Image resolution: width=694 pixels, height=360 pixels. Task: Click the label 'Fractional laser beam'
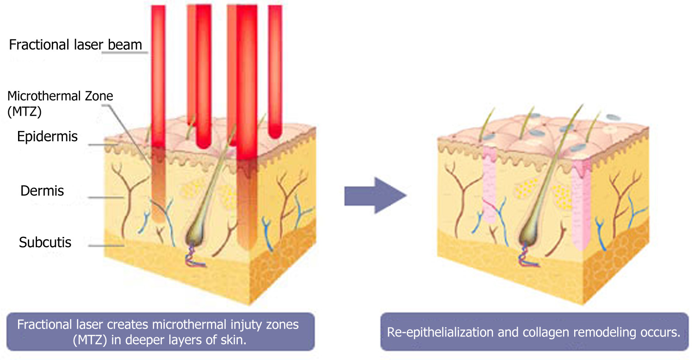(x=75, y=45)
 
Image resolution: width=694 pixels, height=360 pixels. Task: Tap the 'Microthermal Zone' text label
(x=60, y=96)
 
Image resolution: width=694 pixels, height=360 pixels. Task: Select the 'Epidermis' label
(x=47, y=137)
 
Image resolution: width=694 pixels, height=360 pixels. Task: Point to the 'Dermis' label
(x=42, y=191)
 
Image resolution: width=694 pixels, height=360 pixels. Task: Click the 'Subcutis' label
(x=45, y=242)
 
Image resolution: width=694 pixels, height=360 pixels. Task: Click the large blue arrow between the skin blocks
(x=375, y=195)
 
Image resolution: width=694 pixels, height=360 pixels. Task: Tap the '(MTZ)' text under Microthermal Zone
(x=25, y=112)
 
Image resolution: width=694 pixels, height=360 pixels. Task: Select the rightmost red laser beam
(x=275, y=72)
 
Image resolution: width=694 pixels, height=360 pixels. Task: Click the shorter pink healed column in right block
(x=489, y=184)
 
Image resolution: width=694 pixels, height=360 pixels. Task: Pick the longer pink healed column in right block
(x=581, y=205)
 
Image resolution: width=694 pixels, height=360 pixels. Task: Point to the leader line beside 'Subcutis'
(x=106, y=246)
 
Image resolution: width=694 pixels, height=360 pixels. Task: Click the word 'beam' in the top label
(x=125, y=45)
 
